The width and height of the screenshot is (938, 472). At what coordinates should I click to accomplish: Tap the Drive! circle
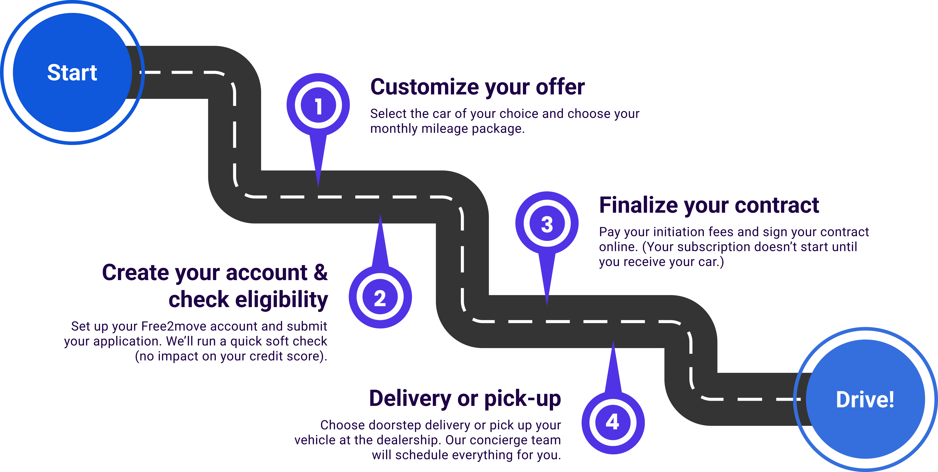click(865, 399)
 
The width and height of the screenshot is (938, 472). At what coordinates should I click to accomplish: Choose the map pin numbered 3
click(547, 224)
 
